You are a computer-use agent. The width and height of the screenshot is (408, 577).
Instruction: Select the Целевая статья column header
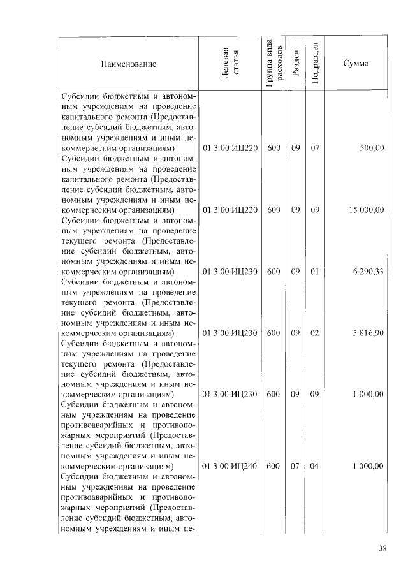(230, 64)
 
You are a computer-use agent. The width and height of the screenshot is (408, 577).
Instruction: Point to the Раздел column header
(295, 64)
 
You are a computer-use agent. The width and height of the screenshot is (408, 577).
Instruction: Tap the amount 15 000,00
(367, 209)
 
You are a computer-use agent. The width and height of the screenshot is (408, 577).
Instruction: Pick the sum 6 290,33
(368, 271)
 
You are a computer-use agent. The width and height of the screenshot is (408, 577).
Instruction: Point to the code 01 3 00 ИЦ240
(229, 466)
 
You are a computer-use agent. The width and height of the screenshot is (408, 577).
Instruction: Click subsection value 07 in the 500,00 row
(314, 147)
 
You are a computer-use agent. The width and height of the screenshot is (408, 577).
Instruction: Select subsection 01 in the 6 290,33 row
(314, 271)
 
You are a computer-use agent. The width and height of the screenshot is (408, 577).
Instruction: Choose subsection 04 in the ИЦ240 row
(314, 466)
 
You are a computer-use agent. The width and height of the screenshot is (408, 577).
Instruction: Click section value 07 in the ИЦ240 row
(295, 466)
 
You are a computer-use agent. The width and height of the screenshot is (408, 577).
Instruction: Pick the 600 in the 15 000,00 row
(273, 209)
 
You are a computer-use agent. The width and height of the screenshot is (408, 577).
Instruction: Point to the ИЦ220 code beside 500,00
(229, 147)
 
